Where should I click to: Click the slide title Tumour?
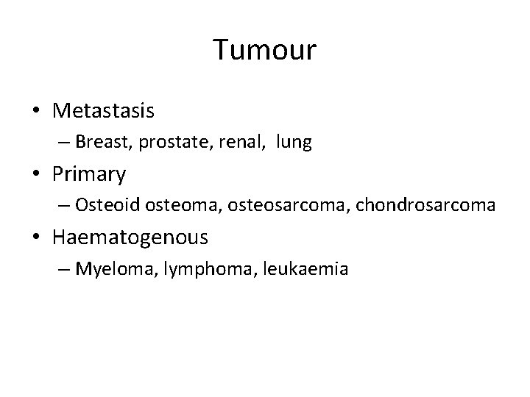click(265, 50)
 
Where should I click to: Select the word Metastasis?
click(103, 111)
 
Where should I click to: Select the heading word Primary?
click(90, 175)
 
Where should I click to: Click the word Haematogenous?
click(130, 237)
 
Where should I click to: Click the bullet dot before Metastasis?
click(36, 112)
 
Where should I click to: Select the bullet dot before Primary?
click(36, 175)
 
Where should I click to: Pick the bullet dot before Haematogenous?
click(36, 238)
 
